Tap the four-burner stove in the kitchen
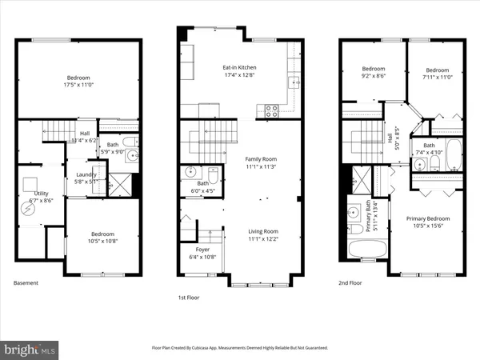coord(270,110)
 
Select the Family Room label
coord(260,159)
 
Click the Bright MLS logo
coord(30,349)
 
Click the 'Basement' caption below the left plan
coord(26,282)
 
